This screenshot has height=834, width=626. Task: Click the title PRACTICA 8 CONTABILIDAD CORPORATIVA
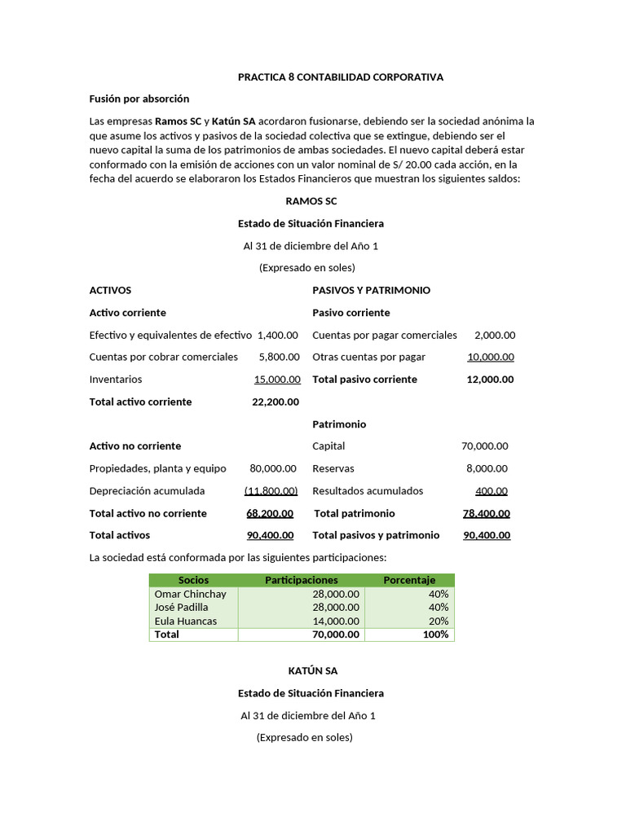(x=340, y=77)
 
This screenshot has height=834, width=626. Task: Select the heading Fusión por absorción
(x=139, y=99)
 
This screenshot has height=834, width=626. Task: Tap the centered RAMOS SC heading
(x=311, y=201)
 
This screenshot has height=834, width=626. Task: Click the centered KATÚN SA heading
(x=312, y=671)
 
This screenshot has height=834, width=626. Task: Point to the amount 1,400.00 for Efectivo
(x=278, y=335)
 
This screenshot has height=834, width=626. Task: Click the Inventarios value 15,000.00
(x=277, y=380)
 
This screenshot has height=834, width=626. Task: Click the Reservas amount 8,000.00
(x=487, y=468)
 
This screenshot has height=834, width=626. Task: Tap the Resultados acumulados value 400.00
(x=492, y=491)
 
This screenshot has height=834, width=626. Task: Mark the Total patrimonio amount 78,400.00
(x=487, y=513)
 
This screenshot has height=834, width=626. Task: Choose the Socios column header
(x=193, y=580)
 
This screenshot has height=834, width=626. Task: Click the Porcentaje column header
(x=409, y=580)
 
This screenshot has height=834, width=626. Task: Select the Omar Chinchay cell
(x=191, y=594)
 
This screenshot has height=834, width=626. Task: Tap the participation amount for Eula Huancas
(x=336, y=621)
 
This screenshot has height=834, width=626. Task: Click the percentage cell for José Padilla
(x=439, y=607)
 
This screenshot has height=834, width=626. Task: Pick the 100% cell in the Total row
(x=436, y=634)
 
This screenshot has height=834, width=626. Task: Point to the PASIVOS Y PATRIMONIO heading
(x=371, y=290)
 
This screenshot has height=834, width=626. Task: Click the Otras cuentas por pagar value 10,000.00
(x=491, y=357)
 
